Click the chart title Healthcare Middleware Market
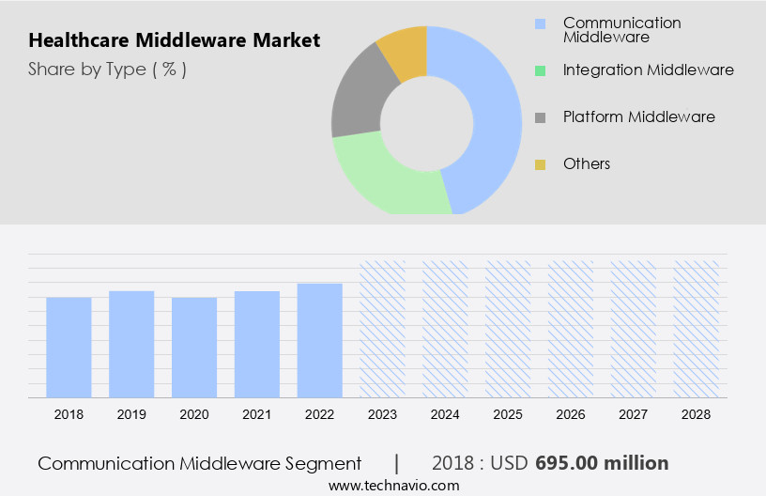175,40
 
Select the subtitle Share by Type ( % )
107,69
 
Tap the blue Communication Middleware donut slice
488,113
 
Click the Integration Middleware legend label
648,70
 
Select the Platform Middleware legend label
638,116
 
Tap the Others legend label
587,163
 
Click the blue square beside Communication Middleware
540,23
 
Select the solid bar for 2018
69,347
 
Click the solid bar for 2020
194,347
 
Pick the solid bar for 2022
320,340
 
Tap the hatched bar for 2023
383,329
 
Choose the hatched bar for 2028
697,329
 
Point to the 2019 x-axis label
131,413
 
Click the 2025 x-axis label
508,413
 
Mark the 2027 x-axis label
634,413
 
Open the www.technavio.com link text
394,485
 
